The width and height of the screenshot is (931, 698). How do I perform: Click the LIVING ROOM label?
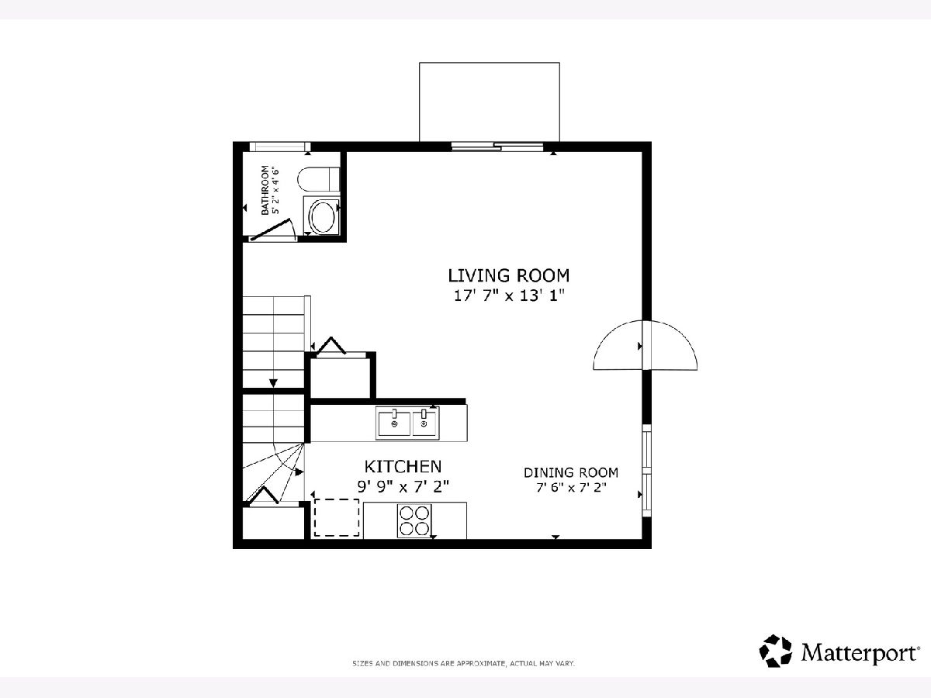pyautogui.click(x=508, y=276)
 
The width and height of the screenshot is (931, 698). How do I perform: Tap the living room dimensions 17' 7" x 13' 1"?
pyautogui.click(x=509, y=295)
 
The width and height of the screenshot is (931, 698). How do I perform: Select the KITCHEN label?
pyautogui.click(x=403, y=467)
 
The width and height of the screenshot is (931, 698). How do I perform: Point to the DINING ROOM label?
pyautogui.click(x=571, y=472)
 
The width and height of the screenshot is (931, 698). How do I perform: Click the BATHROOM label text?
pyautogui.click(x=265, y=190)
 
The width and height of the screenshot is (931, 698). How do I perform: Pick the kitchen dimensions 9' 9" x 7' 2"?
pyautogui.click(x=403, y=486)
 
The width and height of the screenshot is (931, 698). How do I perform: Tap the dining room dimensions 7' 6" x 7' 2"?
pyautogui.click(x=571, y=488)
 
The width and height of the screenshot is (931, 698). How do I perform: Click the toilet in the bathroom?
pyautogui.click(x=319, y=179)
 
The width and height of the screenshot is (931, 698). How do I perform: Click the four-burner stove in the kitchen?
pyautogui.click(x=414, y=521)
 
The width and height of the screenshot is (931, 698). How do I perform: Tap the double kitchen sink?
pyautogui.click(x=407, y=423)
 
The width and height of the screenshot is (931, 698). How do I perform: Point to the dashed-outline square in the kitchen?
pyautogui.click(x=337, y=517)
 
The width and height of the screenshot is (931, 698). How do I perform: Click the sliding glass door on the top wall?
pyautogui.click(x=497, y=147)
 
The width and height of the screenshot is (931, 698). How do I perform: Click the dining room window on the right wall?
pyautogui.click(x=647, y=470)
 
